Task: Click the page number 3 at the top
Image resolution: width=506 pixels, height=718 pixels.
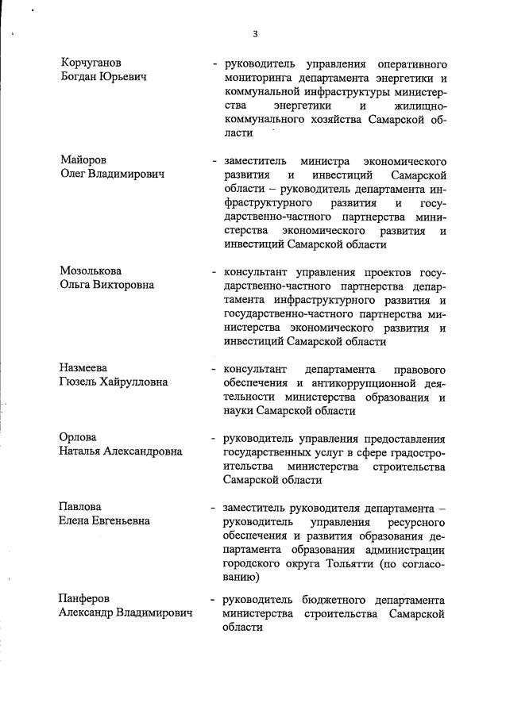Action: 255,33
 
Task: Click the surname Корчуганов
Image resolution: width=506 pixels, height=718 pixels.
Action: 92,62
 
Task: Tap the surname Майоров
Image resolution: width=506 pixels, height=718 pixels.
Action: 83,159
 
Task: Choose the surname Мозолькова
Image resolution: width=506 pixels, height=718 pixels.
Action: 91,271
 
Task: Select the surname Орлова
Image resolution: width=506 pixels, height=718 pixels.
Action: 79,438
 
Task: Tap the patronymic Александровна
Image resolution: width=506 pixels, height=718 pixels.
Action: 143,452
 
